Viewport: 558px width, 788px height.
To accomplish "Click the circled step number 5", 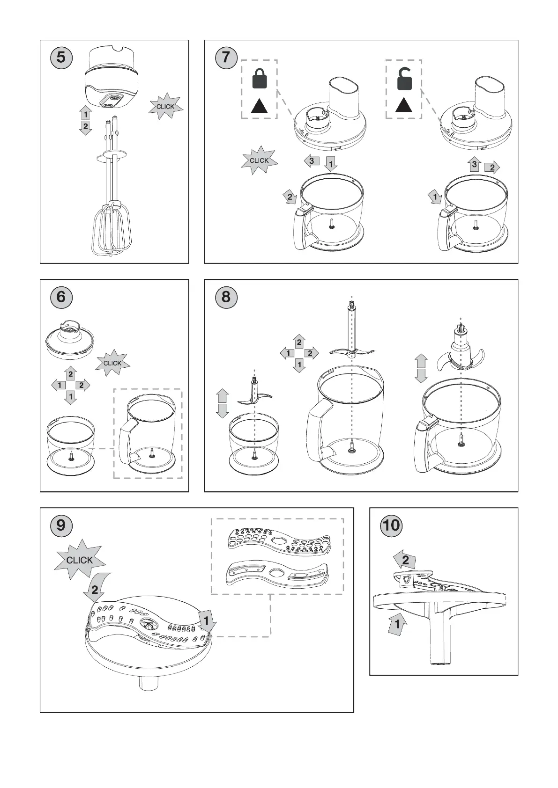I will [x=61, y=58].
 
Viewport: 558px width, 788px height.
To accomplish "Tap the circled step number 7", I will [x=226, y=58].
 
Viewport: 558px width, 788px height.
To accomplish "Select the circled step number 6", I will [x=61, y=297].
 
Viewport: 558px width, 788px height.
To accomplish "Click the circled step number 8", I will [x=226, y=297].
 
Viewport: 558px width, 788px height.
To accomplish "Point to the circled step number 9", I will [x=61, y=525].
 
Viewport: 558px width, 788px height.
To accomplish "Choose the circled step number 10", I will [x=391, y=525].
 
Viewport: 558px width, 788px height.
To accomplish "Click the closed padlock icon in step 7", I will [x=260, y=79].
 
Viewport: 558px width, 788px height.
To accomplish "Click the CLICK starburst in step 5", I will [x=165, y=107].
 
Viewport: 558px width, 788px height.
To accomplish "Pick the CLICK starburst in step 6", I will [x=112, y=363].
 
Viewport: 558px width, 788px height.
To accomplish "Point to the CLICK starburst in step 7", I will [x=259, y=161].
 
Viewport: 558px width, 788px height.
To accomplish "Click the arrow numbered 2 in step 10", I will [x=404, y=560].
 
